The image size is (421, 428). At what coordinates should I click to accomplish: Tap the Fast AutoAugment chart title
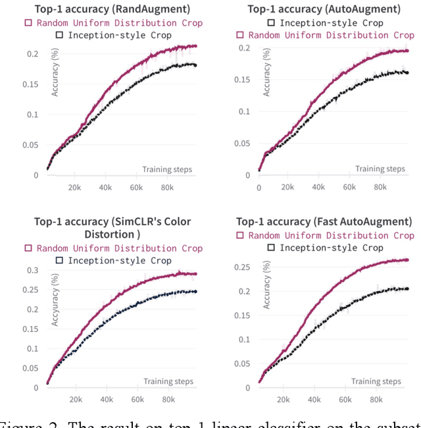click(324, 221)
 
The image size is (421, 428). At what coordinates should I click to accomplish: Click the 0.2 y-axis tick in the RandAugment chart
click(33, 54)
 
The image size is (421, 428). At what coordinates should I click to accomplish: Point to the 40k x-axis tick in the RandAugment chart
click(106, 187)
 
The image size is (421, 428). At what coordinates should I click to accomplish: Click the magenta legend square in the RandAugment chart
click(28, 22)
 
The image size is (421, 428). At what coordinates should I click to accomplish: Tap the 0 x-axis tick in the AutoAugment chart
click(259, 187)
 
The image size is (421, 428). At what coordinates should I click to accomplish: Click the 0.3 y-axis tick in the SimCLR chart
click(33, 270)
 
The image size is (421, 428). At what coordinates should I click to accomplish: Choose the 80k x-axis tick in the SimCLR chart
click(168, 399)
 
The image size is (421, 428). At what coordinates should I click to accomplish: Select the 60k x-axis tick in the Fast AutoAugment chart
click(345, 399)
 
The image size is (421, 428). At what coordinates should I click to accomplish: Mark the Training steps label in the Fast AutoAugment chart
click(376, 381)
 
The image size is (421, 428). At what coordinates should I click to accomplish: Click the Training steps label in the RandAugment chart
click(167, 169)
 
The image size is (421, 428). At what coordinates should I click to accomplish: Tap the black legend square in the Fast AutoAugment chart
click(270, 248)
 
